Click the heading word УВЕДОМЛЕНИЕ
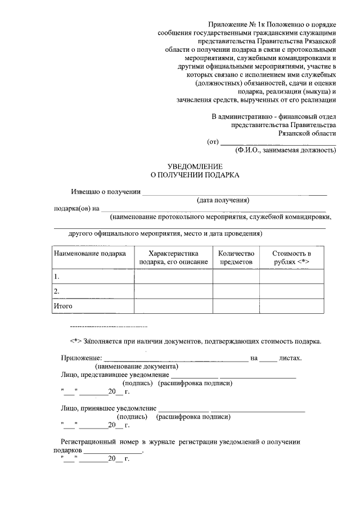tap(195, 166)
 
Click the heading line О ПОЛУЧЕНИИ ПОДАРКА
tap(195, 175)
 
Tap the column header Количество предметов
tap(236, 258)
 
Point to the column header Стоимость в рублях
tap(291, 258)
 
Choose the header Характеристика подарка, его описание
tap(173, 258)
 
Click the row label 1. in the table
tap(57, 277)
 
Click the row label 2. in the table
tap(57, 291)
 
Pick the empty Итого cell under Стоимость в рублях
tap(291, 306)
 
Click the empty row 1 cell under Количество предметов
tap(236, 277)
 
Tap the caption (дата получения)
tap(223, 200)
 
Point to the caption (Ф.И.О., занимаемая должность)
tap(285, 150)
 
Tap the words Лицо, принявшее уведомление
tap(108, 408)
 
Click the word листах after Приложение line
tap(291, 358)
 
